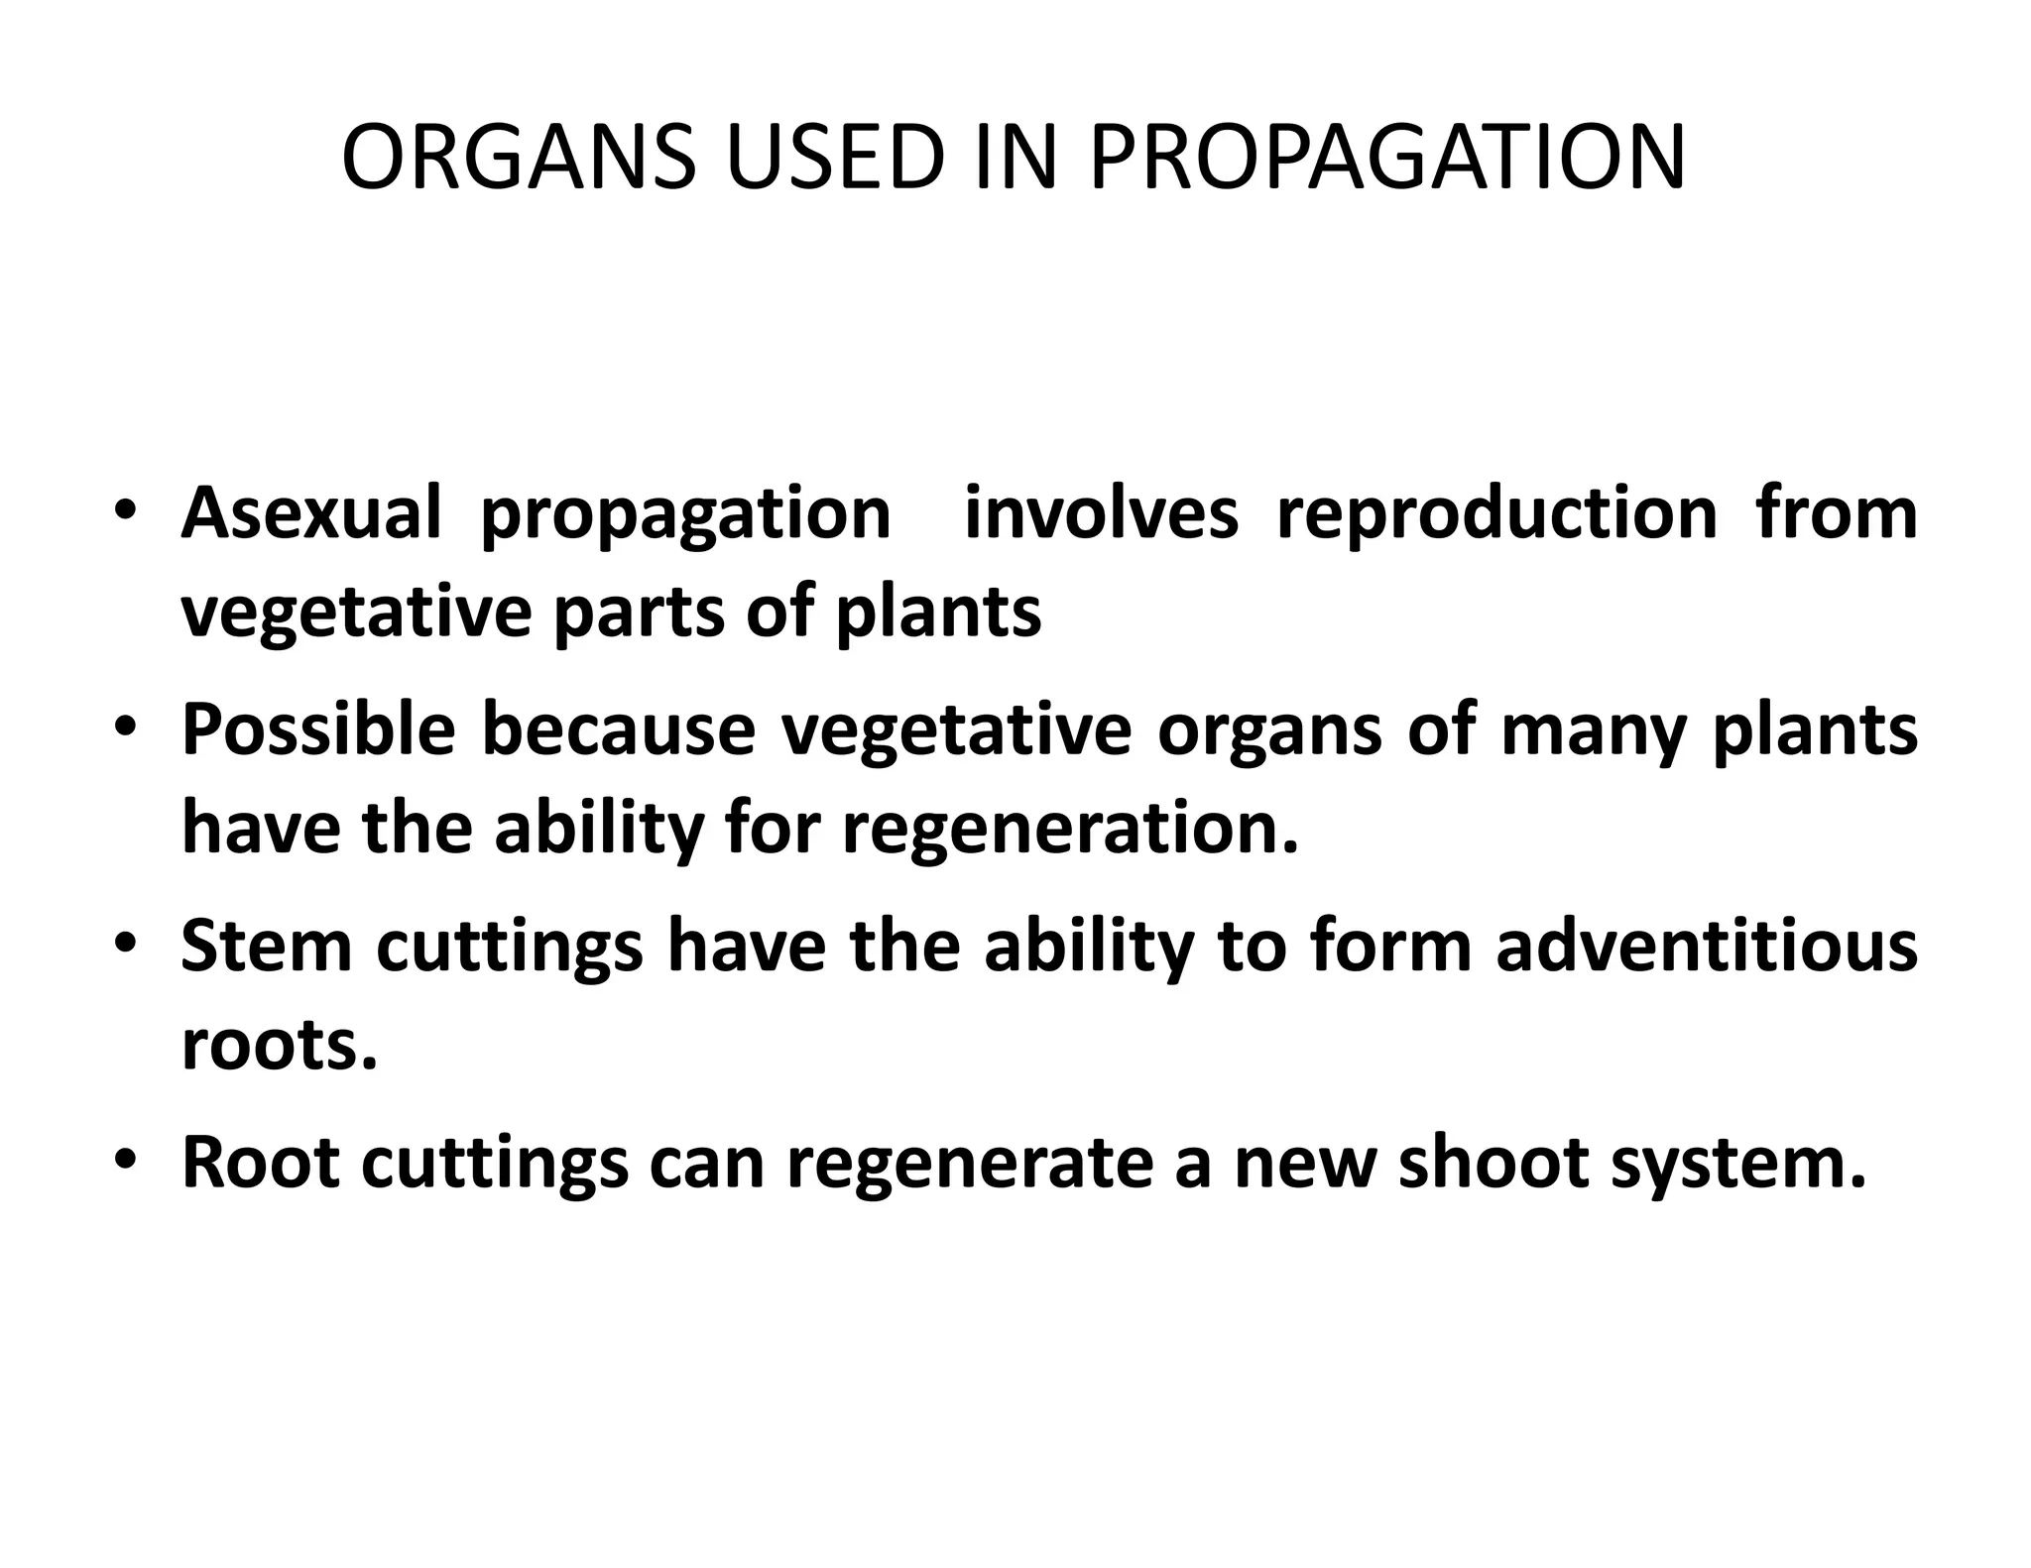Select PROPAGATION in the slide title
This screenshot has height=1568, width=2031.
tap(1387, 159)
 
